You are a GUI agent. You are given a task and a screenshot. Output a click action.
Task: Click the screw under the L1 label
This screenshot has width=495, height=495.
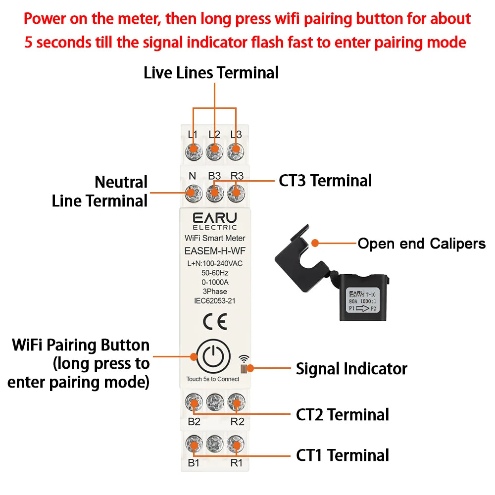(x=193, y=151)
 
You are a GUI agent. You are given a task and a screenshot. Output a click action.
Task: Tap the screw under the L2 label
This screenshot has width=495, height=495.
(x=214, y=151)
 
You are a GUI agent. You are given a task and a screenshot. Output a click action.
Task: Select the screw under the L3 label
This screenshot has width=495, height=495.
(x=236, y=151)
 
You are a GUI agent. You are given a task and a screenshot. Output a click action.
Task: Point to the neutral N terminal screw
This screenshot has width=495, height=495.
(x=193, y=193)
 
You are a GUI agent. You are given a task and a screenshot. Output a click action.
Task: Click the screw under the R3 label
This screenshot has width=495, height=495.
(x=236, y=193)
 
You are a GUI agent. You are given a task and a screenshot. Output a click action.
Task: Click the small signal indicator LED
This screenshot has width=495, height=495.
(x=244, y=369)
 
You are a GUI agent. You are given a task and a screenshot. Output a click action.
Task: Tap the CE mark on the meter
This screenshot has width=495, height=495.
(x=215, y=323)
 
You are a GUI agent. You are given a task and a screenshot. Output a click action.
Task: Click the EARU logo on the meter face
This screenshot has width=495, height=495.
(x=215, y=218)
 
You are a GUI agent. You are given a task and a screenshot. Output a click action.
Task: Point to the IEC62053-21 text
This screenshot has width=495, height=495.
(x=215, y=301)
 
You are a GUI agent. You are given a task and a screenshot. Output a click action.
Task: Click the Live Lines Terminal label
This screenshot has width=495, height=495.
(x=211, y=73)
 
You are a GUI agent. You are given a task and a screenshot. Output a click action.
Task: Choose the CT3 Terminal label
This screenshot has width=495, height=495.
(x=325, y=181)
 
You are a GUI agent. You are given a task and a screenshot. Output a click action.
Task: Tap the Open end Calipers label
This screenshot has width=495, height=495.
(x=422, y=244)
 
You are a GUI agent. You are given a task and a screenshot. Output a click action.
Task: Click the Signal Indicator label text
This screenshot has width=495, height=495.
(x=351, y=369)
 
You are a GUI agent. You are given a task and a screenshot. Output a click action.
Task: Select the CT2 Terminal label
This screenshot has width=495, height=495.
(x=343, y=414)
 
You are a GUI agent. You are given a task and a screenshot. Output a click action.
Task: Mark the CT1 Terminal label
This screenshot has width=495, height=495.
(x=343, y=455)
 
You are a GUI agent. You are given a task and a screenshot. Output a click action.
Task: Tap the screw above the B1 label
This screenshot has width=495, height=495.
(x=193, y=443)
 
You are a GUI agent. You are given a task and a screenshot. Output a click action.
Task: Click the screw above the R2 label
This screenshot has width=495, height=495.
(x=236, y=400)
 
